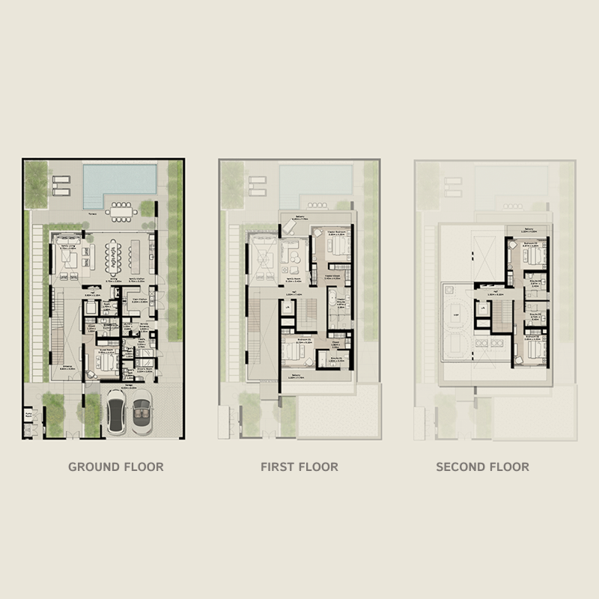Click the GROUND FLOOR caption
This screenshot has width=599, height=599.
point(116,466)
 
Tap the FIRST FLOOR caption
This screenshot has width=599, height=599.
point(299,466)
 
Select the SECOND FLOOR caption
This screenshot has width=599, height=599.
point(483,466)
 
